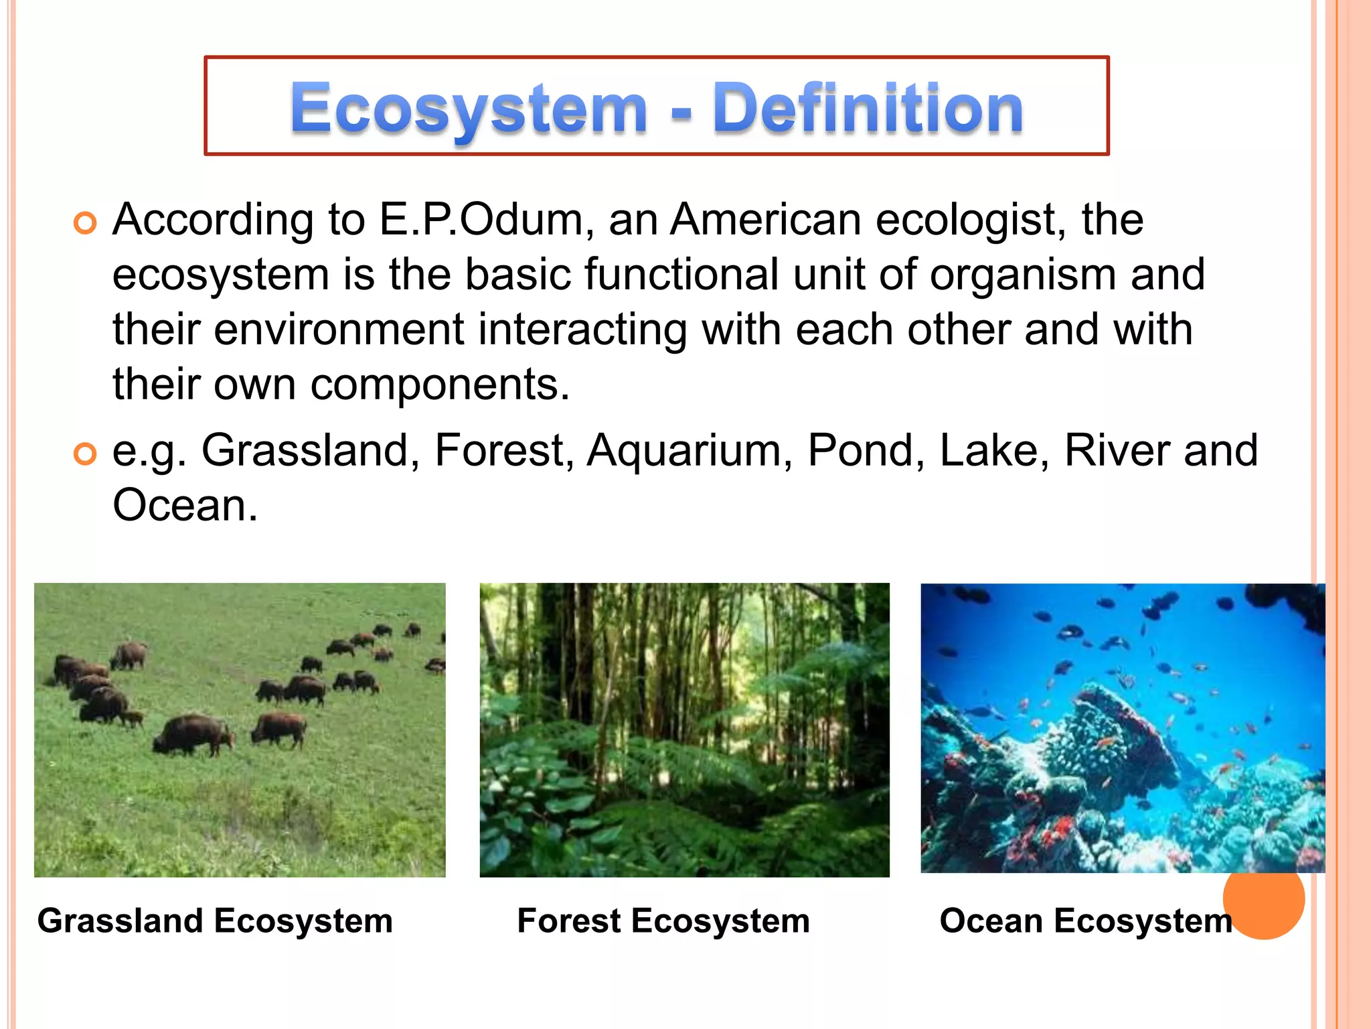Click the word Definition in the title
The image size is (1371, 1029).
click(x=868, y=107)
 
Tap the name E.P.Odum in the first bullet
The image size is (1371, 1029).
click(x=481, y=220)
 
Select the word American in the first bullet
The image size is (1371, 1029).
click(x=767, y=220)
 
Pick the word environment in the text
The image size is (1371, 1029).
click(x=339, y=330)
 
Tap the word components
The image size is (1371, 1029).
click(x=439, y=385)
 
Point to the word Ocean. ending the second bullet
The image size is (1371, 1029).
click(x=185, y=505)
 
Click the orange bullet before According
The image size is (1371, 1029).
click(x=85, y=222)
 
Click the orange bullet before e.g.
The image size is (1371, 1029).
click(x=85, y=454)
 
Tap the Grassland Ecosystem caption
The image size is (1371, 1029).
click(x=215, y=920)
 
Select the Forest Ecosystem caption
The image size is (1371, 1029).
click(x=663, y=920)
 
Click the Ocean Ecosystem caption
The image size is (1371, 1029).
click(x=1084, y=920)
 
